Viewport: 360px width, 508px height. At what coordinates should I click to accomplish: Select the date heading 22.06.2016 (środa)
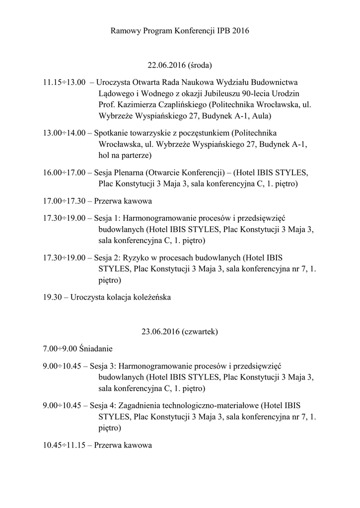180,65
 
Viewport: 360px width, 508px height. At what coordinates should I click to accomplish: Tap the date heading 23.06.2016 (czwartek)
180,331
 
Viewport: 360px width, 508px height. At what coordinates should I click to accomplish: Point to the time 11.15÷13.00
64,82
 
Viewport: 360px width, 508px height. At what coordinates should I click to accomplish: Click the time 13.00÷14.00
64,133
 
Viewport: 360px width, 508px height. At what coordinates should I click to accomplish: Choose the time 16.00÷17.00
64,173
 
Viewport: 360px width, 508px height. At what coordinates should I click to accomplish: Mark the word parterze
134,156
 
